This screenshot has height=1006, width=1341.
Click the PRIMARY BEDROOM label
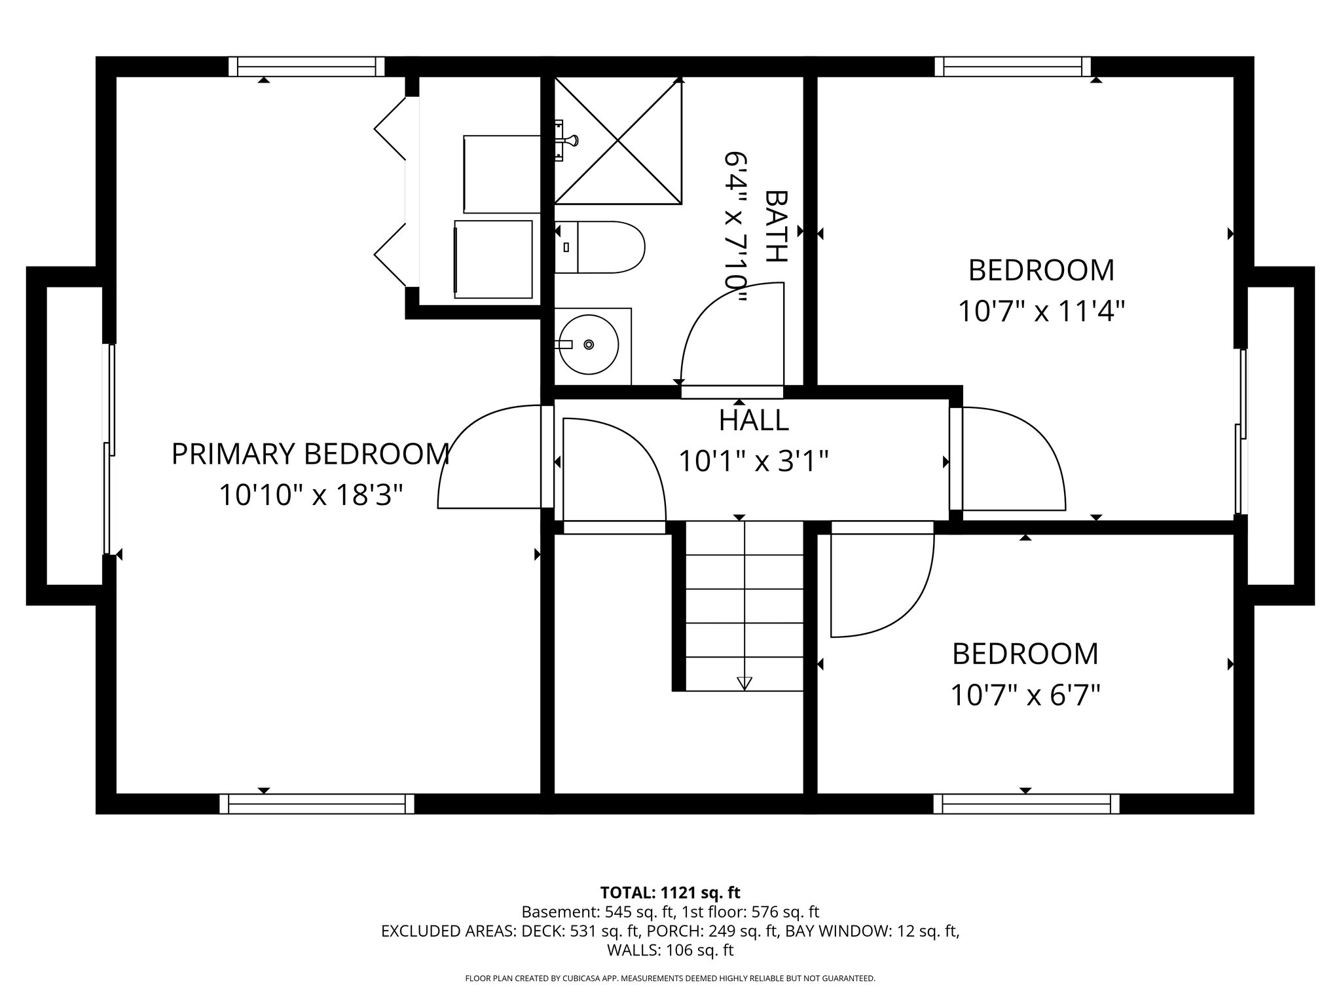pos(310,454)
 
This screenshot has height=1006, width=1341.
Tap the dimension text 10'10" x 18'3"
pos(310,495)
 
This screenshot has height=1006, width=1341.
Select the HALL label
pos(754,420)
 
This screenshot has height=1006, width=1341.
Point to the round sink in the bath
pos(588,345)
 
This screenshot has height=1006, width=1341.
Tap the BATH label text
pos(777,226)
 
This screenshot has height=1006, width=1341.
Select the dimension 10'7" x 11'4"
pos(1041,311)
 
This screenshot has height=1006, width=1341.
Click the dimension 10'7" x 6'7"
pos(1025,695)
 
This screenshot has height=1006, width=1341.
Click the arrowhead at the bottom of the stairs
pos(744,683)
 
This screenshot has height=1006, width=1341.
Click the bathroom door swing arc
pos(720,327)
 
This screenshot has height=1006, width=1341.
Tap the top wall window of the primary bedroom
pos(306,66)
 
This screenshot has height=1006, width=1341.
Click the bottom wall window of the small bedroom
pos(1026,804)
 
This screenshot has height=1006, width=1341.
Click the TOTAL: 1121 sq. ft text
pos(670,893)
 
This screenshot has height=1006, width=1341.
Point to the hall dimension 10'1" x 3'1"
pos(754,462)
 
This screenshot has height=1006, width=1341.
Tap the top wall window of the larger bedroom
pos(1013,66)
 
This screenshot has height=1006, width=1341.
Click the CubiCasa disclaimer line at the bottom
pos(670,978)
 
